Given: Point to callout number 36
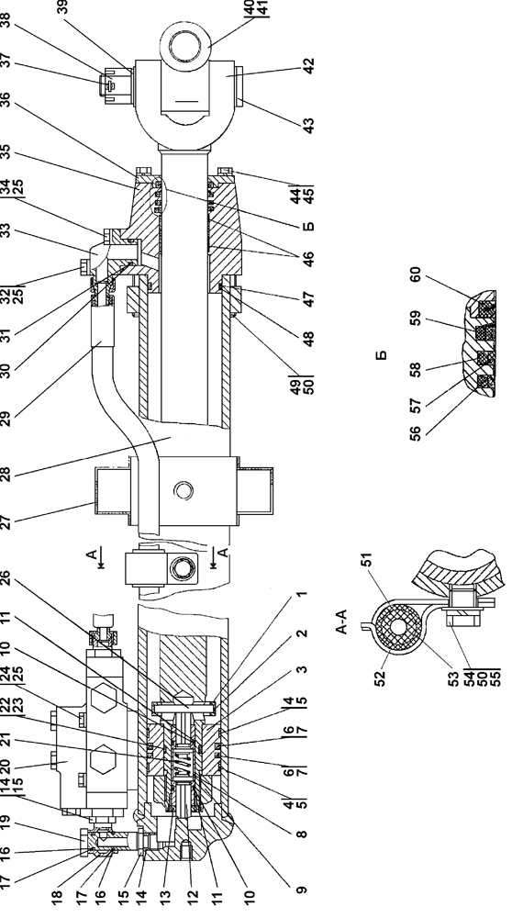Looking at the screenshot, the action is point(6,100).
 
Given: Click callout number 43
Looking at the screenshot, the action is point(309,125).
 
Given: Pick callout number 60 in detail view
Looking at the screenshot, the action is point(415,274).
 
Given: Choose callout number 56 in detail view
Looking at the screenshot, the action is point(415,433).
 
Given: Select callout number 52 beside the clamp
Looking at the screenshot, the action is point(381,678).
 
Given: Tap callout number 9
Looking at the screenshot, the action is point(301,890).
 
